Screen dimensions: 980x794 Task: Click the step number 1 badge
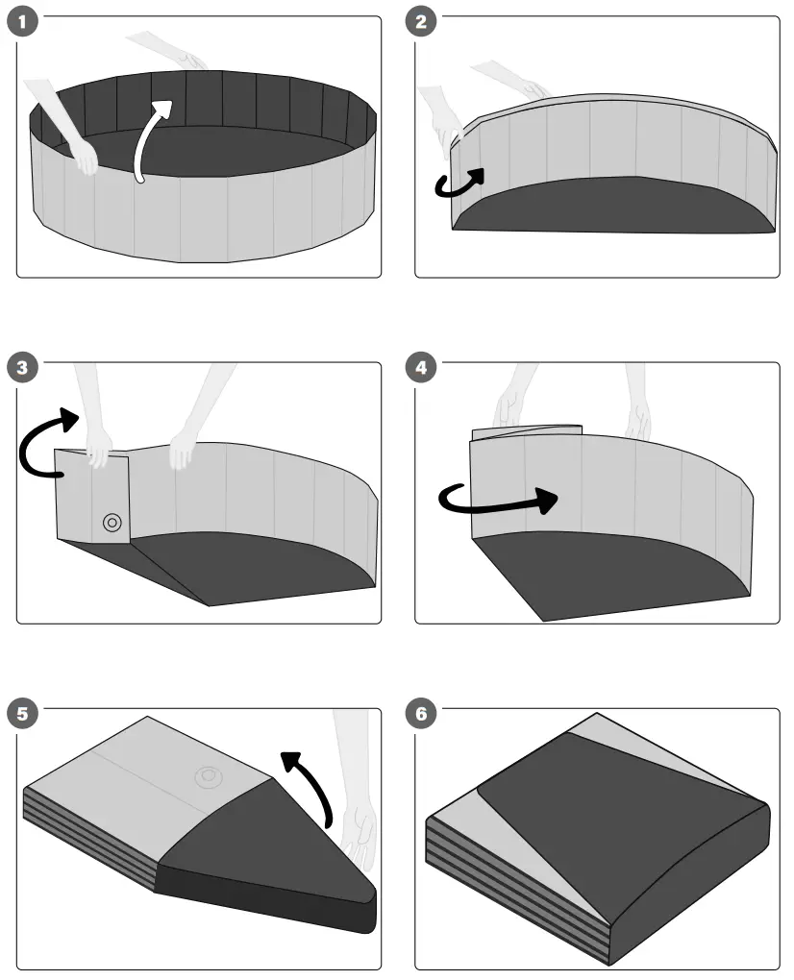point(22,22)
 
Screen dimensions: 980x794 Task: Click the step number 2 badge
point(421,22)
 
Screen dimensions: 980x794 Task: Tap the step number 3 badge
point(22,368)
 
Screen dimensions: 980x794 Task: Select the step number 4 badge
point(421,368)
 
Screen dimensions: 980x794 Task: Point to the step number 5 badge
point(22,714)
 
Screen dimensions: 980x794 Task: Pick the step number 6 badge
point(421,714)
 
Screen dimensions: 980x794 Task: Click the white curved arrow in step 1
point(149,139)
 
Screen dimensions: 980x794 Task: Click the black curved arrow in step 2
point(459,184)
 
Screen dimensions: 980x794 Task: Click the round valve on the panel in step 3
point(112,523)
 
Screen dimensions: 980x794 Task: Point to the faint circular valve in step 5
point(206,776)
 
